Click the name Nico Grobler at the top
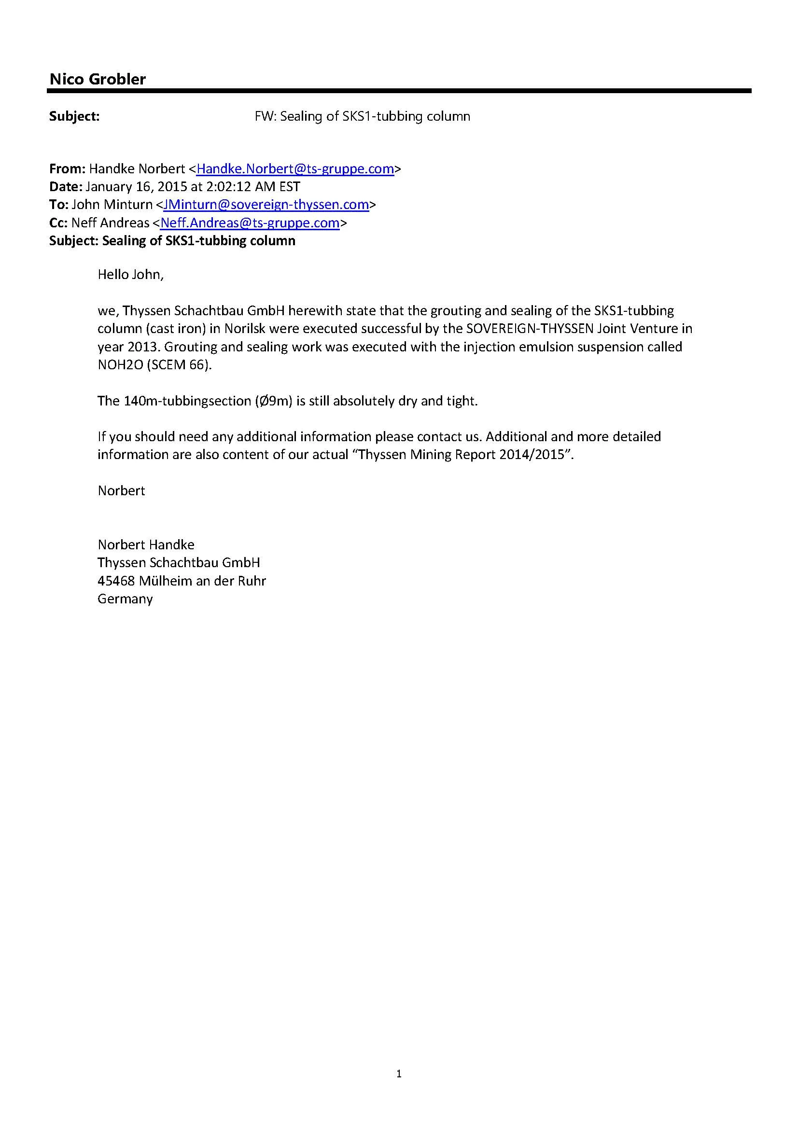pyautogui.click(x=98, y=79)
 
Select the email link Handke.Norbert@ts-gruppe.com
pyautogui.click(x=295, y=168)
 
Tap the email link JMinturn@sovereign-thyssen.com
pyautogui.click(x=266, y=204)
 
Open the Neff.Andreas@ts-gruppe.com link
pyautogui.click(x=250, y=223)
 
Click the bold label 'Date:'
pyautogui.click(x=66, y=187)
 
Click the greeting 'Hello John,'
pyautogui.click(x=130, y=274)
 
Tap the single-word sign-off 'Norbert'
pyautogui.click(x=122, y=490)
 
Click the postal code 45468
pyautogui.click(x=116, y=581)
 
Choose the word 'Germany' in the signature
pyautogui.click(x=125, y=599)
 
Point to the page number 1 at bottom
pyautogui.click(x=399, y=1074)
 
